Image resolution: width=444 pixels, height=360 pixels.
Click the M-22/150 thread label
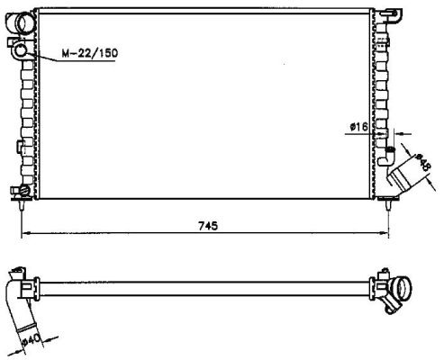(90, 53)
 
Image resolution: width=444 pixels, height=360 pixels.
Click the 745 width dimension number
(208, 226)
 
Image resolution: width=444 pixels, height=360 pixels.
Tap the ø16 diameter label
(358, 127)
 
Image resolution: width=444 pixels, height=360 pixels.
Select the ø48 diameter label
(422, 162)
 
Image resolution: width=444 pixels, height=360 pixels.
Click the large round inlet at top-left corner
(24, 22)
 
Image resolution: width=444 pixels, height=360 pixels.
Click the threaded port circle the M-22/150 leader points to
(21, 49)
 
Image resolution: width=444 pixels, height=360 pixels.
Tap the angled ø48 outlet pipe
(402, 175)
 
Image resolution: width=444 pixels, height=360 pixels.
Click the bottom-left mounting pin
(22, 206)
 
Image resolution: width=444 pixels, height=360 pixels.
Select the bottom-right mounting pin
(388, 205)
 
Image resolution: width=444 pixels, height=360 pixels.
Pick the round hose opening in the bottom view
(403, 288)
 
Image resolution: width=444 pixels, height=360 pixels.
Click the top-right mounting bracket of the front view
(391, 15)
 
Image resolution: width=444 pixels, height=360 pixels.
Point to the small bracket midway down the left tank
(20, 146)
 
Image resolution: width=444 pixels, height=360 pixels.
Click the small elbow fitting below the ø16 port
(387, 157)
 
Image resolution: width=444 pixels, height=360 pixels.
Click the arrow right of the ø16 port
(403, 133)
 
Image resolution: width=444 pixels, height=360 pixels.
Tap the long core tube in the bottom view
(204, 289)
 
